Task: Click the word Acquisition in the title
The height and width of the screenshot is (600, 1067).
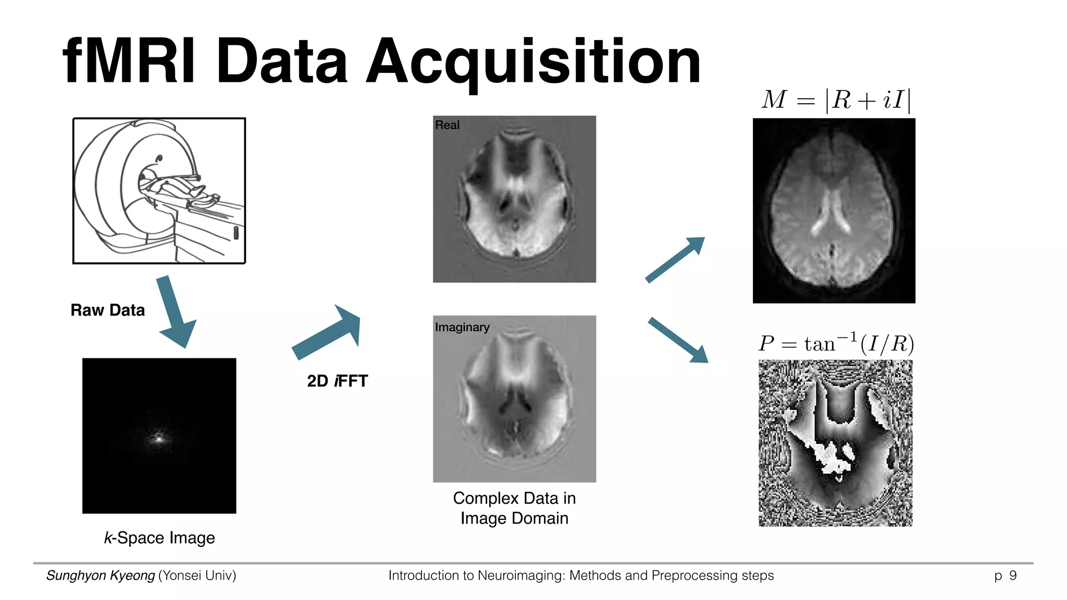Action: [533, 63]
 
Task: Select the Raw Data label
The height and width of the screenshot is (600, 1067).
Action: [108, 310]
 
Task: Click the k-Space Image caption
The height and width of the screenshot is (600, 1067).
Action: [159, 537]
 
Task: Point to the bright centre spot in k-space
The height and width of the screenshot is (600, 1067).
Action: [159, 439]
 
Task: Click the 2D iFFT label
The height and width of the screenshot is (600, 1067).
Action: [338, 381]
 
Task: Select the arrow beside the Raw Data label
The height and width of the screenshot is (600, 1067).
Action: [176, 312]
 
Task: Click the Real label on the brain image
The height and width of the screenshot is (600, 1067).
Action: [447, 125]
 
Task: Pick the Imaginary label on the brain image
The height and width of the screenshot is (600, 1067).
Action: [462, 327]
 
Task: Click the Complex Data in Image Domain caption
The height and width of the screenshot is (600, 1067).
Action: [514, 508]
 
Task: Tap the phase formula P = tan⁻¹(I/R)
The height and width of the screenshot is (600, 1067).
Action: [836, 344]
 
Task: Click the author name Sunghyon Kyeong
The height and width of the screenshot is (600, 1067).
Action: [101, 576]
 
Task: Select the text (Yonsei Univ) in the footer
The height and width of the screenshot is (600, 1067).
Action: [197, 576]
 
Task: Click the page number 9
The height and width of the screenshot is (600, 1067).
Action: [1013, 576]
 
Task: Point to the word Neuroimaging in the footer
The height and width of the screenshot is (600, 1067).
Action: [520, 576]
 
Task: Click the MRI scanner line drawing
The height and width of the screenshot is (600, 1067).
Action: [159, 191]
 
